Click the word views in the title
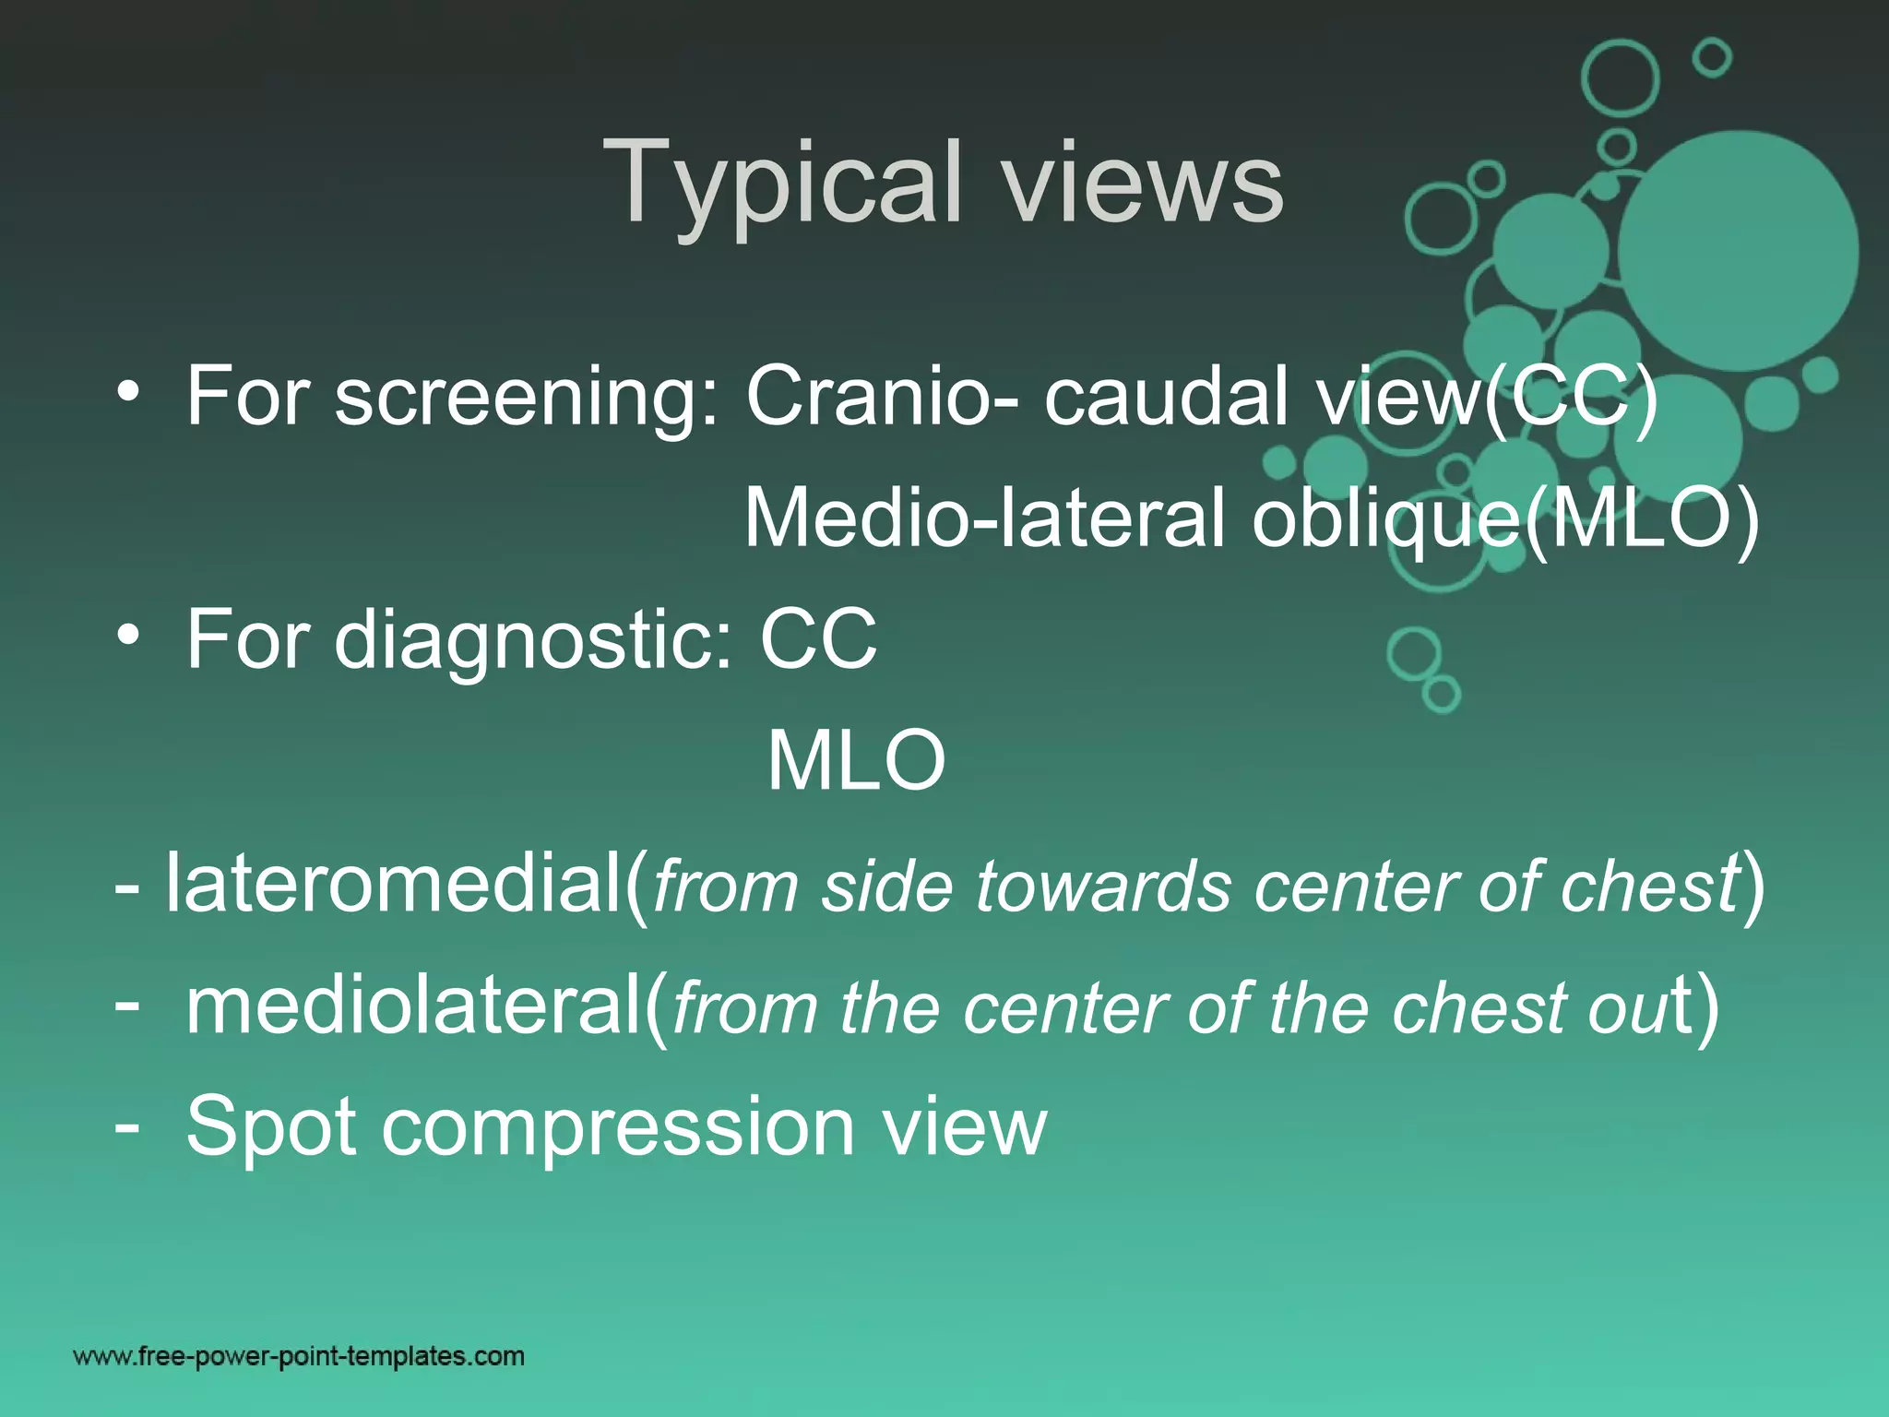(x=1144, y=185)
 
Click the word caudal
(x=1166, y=397)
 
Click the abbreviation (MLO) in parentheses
(x=1642, y=518)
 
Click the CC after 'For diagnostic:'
(x=818, y=639)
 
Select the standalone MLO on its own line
(x=856, y=762)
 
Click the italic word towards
(x=1103, y=887)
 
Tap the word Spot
(x=271, y=1127)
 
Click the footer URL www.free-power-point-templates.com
(x=299, y=1356)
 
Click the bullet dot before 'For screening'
(x=128, y=391)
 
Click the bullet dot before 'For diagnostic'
(x=128, y=635)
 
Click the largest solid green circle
(x=1738, y=251)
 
